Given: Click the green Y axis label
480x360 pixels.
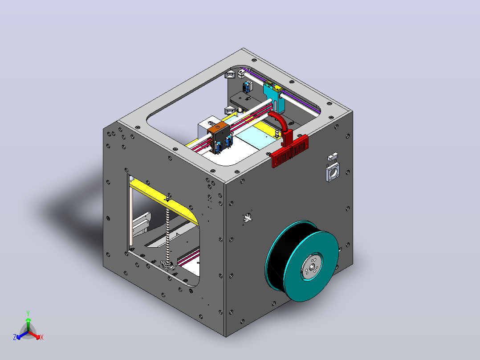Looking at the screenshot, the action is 28,313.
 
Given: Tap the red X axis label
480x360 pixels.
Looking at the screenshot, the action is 42,337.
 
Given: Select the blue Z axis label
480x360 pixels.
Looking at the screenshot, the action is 15,337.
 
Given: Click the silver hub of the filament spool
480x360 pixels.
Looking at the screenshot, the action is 312,267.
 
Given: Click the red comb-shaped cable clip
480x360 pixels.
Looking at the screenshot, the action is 289,151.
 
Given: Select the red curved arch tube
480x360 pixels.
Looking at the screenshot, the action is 279,121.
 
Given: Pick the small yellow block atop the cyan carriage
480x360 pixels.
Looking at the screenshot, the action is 277,89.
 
